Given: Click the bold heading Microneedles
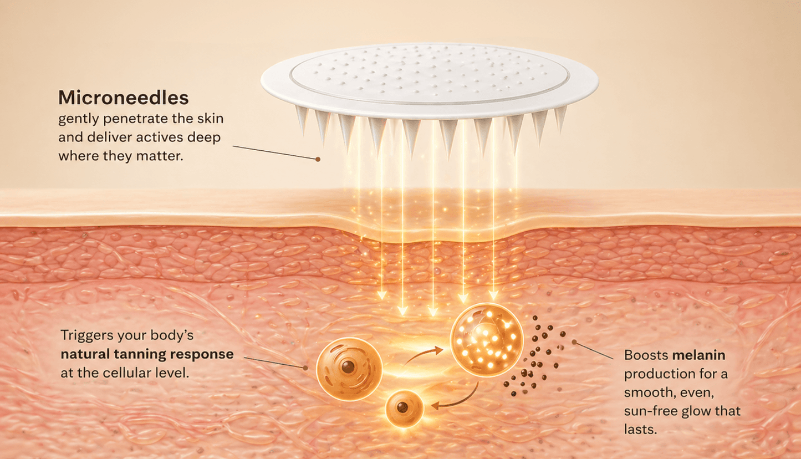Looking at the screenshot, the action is pos(124,98).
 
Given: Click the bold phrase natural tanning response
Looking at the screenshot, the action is pos(147,355).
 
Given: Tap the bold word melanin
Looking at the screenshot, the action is pos(699,355).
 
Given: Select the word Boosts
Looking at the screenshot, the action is pos(646,355).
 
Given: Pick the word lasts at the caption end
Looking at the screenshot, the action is pos(640,429).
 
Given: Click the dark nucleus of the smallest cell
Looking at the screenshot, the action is pos(402,407).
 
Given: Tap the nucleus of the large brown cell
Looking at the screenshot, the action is pos(348,366).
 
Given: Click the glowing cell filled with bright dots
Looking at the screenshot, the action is pos(486,340).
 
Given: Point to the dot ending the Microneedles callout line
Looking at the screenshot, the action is pos(318,160).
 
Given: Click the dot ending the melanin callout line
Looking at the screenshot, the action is pos(574,342).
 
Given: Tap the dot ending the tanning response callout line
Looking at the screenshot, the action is pos(305,368).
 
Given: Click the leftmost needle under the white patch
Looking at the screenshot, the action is pos(302,119).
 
